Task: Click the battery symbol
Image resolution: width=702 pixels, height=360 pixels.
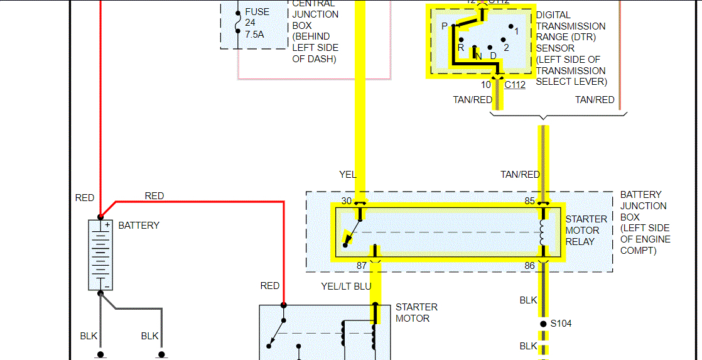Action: tap(100, 254)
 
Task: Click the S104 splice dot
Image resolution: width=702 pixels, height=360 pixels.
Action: tap(544, 324)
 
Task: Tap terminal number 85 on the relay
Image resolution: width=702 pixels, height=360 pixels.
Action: tap(530, 200)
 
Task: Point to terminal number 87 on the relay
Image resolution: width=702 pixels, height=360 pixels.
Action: tap(362, 266)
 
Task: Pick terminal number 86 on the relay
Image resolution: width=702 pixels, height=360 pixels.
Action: tap(530, 266)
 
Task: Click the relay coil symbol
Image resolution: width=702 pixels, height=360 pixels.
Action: tap(543, 233)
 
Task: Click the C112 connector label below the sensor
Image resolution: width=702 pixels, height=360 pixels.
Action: tap(515, 85)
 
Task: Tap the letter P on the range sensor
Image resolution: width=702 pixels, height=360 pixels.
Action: tap(445, 26)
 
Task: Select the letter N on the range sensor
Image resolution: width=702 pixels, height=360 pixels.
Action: tap(478, 56)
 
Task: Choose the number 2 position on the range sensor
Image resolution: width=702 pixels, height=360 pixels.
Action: tap(506, 47)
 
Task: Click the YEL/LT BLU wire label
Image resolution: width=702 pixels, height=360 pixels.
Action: tap(346, 286)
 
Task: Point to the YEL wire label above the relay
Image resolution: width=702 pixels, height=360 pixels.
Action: tap(348, 174)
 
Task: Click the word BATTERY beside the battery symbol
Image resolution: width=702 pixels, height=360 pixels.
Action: tap(139, 226)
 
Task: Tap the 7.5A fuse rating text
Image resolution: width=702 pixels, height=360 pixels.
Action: tap(254, 35)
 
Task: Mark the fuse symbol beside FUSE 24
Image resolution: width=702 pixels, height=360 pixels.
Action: tap(237, 23)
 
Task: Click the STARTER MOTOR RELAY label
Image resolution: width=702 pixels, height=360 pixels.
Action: tap(586, 230)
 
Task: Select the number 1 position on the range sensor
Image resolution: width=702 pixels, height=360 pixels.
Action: tap(516, 30)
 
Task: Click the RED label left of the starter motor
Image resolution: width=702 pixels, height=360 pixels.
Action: tap(270, 286)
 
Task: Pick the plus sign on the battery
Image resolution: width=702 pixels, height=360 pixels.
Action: tap(107, 224)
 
